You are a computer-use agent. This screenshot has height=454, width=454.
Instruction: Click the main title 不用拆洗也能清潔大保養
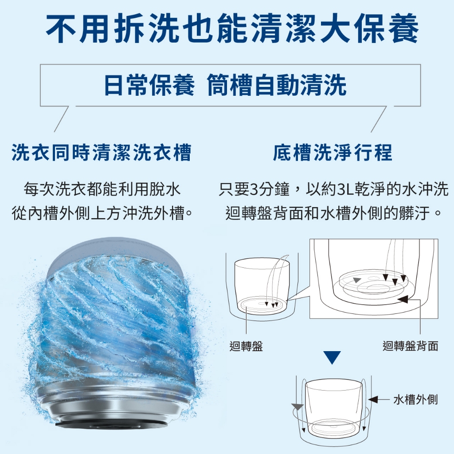tap(232, 28)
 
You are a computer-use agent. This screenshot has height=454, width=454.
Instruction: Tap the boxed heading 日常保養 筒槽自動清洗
tap(225, 85)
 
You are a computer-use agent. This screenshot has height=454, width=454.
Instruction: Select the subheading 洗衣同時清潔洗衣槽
tap(102, 153)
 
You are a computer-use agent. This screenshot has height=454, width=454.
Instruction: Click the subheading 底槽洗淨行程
tap(333, 153)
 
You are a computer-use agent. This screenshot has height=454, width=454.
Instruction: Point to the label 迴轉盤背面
tap(410, 346)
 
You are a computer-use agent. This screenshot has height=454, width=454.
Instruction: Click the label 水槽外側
tap(415, 399)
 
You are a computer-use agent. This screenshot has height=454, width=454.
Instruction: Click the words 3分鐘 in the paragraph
tap(270, 189)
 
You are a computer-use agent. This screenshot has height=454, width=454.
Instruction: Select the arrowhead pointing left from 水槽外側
tap(373, 399)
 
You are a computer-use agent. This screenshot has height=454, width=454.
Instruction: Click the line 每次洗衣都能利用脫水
tap(102, 189)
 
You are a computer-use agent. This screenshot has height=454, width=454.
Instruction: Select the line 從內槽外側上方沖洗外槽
tap(102, 213)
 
